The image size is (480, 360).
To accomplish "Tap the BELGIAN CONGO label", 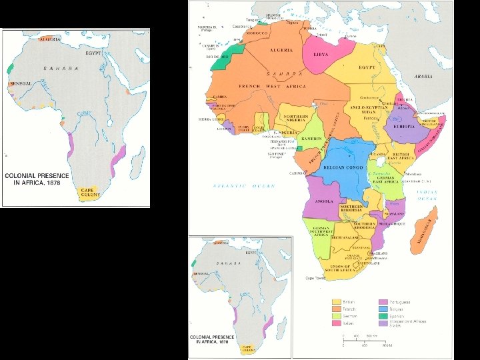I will tap(343, 167).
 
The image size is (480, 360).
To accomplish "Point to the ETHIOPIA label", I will tap(404, 126).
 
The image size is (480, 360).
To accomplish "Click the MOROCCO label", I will tap(256, 33).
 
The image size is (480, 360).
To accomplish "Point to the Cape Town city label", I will tap(315, 277).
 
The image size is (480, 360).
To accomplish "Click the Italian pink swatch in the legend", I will tap(337, 324).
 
